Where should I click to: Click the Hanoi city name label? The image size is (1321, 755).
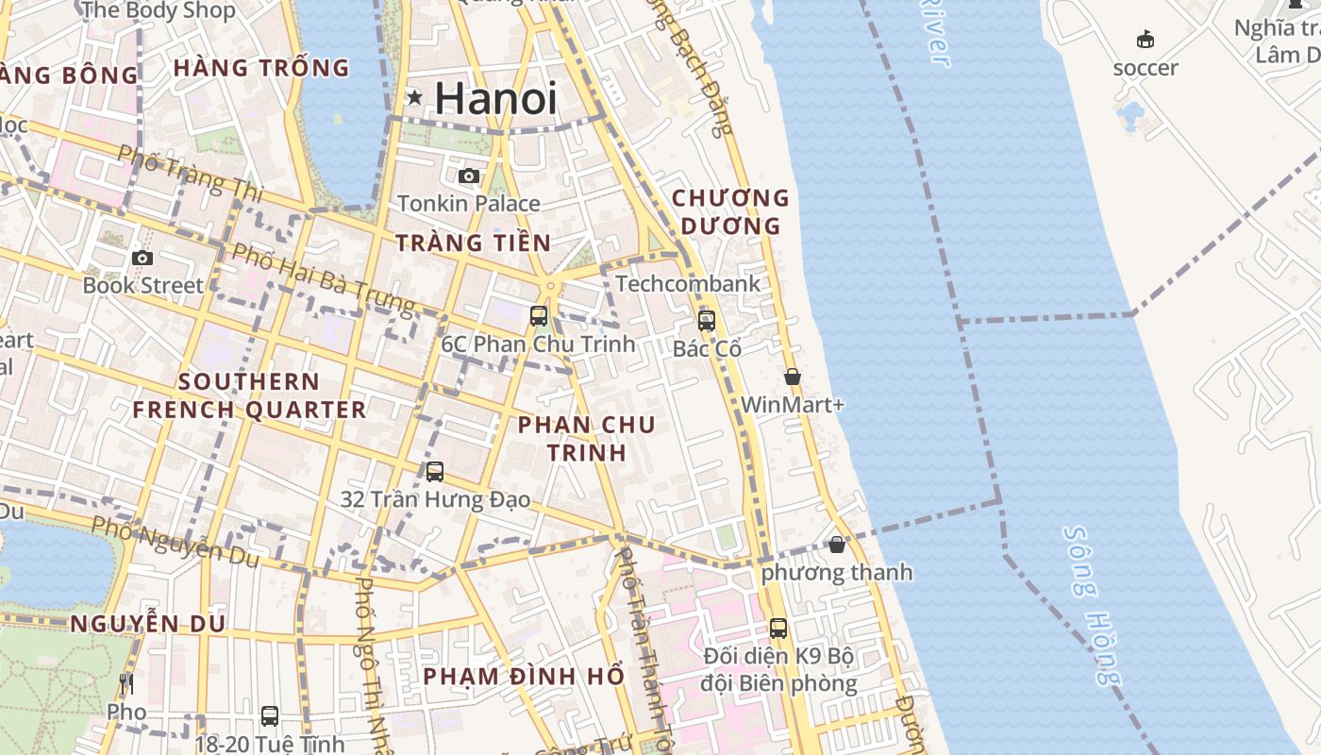pyautogui.click(x=495, y=99)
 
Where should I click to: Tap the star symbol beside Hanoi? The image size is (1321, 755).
pyautogui.click(x=414, y=96)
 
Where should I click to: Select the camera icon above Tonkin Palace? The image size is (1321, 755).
pyautogui.click(x=469, y=176)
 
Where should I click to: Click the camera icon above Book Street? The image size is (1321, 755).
pyautogui.click(x=142, y=258)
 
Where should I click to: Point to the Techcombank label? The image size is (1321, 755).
pyautogui.click(x=688, y=283)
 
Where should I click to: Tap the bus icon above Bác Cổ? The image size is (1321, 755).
pyautogui.click(x=707, y=320)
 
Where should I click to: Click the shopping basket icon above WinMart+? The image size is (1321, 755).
pyautogui.click(x=793, y=377)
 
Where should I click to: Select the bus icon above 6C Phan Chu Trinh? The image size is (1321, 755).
pyautogui.click(x=539, y=315)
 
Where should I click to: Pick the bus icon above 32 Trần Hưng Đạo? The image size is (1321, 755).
pyautogui.click(x=435, y=471)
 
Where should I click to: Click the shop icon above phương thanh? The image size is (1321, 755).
pyautogui.click(x=837, y=545)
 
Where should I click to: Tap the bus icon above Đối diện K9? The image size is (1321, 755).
pyautogui.click(x=778, y=628)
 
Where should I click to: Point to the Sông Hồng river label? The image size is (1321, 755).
pyautogui.click(x=1094, y=604)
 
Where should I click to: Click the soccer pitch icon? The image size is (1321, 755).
pyautogui.click(x=1145, y=40)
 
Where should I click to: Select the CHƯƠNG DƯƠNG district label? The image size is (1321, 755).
pyautogui.click(x=729, y=211)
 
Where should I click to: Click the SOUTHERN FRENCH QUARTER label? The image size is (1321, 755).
pyautogui.click(x=249, y=395)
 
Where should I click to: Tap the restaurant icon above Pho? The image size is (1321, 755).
pyautogui.click(x=126, y=683)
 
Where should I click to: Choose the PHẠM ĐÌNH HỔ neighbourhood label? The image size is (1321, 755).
pyautogui.click(x=524, y=677)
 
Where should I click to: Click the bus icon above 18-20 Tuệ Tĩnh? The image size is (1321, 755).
pyautogui.click(x=270, y=715)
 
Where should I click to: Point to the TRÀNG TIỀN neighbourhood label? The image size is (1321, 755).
pyautogui.click(x=473, y=243)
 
